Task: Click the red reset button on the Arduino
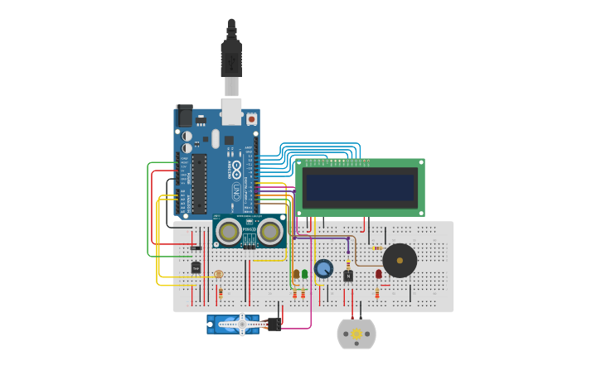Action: point(251,119)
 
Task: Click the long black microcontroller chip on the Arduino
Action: point(199,181)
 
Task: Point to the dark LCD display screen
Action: point(360,188)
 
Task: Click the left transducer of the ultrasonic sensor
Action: point(230,232)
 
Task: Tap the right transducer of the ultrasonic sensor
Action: point(269,232)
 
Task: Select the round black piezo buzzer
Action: point(400,261)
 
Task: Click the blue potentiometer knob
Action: point(323,269)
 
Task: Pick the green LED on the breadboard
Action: point(304,273)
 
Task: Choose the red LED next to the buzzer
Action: point(379,273)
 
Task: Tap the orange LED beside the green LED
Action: point(296,273)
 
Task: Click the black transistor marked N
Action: point(348,276)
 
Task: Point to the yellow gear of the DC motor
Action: point(356,334)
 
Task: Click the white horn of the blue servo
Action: point(242,324)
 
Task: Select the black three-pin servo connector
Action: point(274,324)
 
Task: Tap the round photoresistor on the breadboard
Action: point(218,274)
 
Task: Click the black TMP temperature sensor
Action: point(196,267)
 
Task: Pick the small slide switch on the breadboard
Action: point(196,248)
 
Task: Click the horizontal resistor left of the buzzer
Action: point(377,248)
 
